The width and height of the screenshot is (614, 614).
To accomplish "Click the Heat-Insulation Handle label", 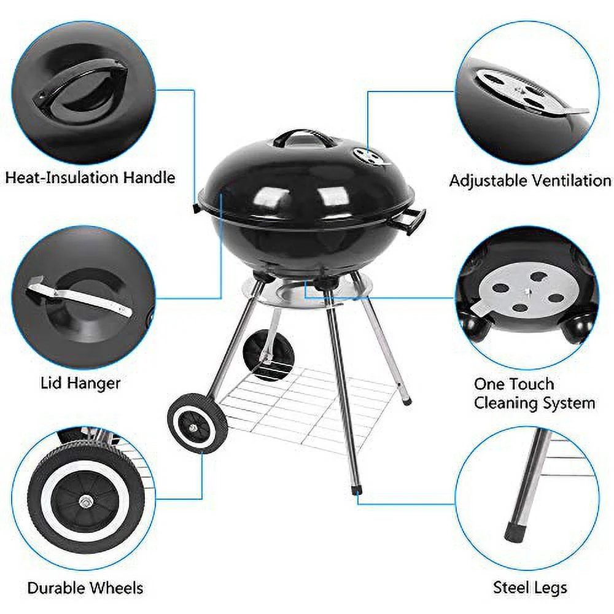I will click(90, 177).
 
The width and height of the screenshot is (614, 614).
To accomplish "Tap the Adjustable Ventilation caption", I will click(530, 181).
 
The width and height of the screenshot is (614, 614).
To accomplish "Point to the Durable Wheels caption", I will click(85, 588).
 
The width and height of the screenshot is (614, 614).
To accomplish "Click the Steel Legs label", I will click(530, 588).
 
